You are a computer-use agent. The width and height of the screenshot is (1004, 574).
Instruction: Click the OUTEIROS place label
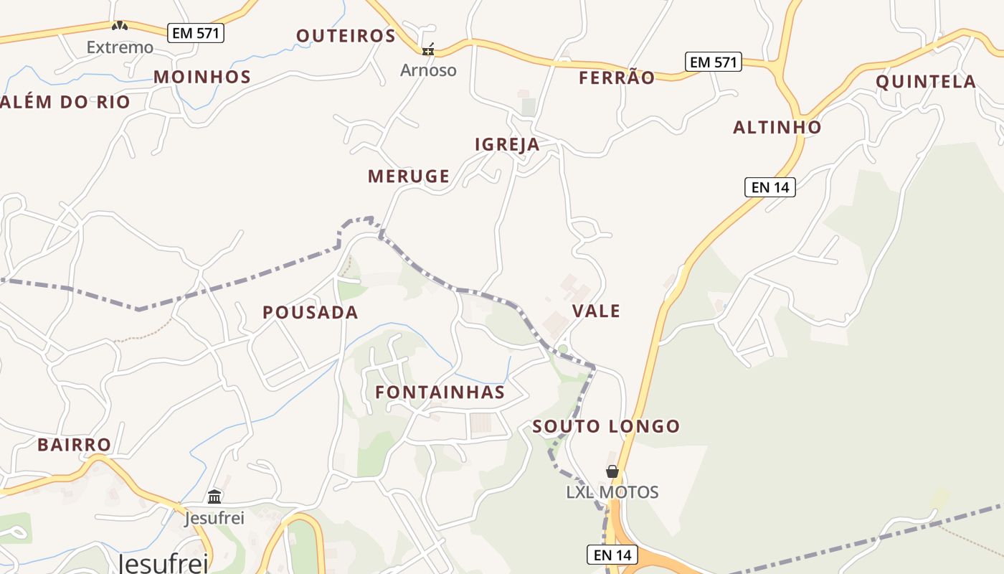[346, 36]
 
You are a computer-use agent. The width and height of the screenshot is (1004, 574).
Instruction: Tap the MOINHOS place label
[202, 77]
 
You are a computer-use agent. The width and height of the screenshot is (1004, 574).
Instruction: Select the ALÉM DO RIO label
[65, 102]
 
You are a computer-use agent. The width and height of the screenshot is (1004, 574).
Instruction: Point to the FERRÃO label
[617, 77]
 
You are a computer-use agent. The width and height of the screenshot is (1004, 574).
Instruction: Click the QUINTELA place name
[926, 82]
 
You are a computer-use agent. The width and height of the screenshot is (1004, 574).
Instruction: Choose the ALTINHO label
[777, 128]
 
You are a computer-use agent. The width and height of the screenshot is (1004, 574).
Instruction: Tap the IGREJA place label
[507, 144]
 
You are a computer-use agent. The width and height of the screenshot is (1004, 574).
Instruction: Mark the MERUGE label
[409, 176]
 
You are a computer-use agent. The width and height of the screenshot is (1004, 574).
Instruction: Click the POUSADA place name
[310, 312]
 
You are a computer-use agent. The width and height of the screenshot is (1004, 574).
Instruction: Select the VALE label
[597, 311]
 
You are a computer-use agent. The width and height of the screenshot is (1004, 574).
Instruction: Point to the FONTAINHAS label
[440, 392]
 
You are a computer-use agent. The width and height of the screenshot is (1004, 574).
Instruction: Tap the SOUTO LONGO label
[606, 426]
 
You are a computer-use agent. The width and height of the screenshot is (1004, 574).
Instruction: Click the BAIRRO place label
[75, 445]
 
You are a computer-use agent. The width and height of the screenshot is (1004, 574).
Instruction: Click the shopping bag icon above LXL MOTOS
[612, 471]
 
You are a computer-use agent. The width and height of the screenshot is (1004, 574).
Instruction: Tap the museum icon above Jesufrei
[214, 497]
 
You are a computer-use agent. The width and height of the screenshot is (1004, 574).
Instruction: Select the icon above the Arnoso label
[428, 50]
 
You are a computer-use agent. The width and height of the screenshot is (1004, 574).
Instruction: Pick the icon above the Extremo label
[120, 27]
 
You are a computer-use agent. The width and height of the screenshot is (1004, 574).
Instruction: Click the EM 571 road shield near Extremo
[196, 32]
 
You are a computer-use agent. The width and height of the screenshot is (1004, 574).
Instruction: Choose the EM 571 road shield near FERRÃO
[713, 62]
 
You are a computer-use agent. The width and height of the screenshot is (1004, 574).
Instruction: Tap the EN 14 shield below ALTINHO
[770, 187]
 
